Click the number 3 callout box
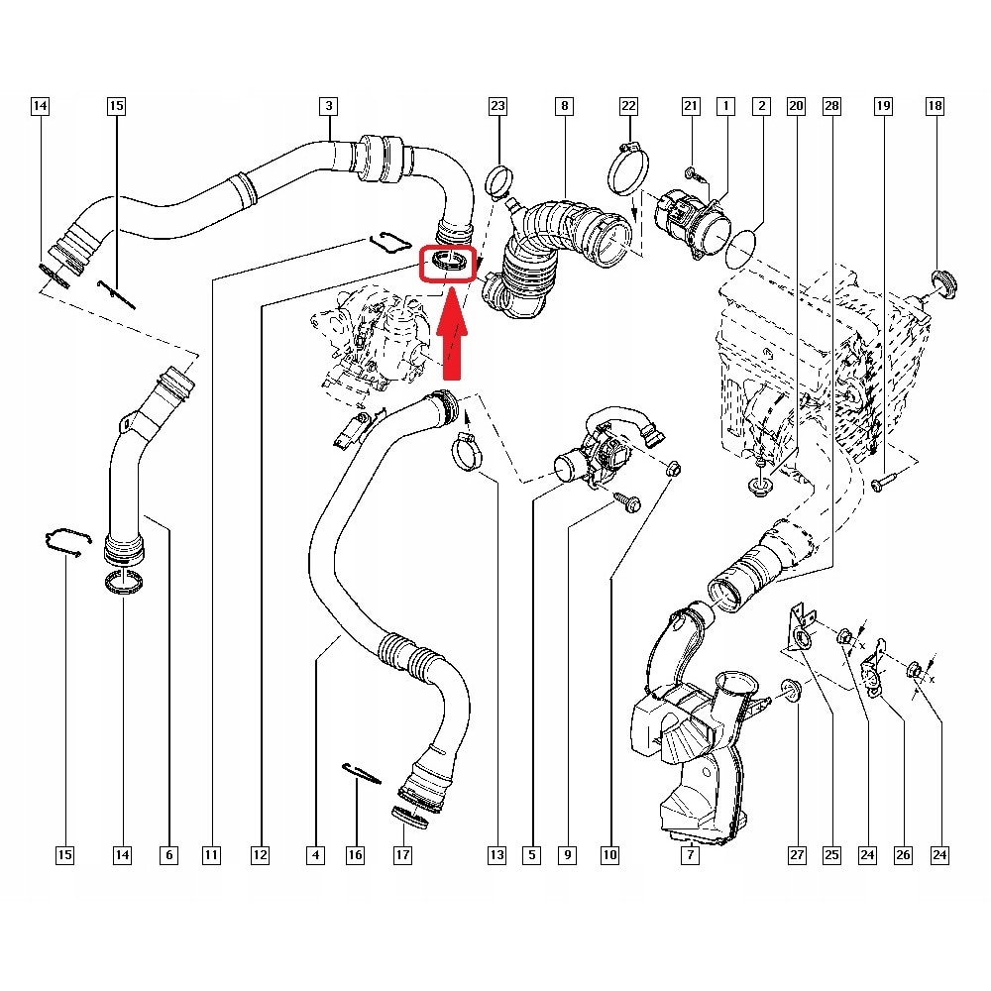[328, 105]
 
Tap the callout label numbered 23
[497, 105]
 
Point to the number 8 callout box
[563, 105]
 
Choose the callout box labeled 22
[628, 105]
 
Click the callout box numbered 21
[692, 105]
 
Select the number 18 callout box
[934, 105]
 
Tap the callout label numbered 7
[689, 854]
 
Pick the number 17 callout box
[402, 854]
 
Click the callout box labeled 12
[260, 854]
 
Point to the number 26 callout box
[902, 854]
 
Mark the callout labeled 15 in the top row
[117, 105]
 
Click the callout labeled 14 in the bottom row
[122, 854]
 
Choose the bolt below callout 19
[884, 484]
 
